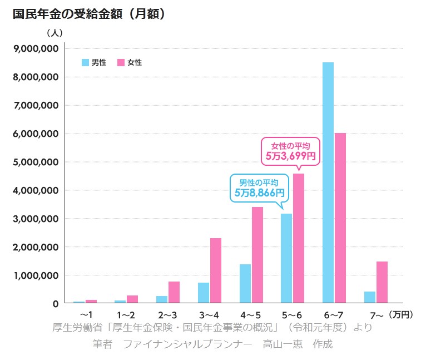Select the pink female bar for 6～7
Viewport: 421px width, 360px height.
tap(340, 218)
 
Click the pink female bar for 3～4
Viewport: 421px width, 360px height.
tap(215, 270)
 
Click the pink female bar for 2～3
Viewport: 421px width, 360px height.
tap(174, 292)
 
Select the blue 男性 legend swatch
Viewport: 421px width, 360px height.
tap(85, 62)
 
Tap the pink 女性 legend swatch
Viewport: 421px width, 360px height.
tap(121, 62)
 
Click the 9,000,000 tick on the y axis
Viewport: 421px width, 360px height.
tap(36, 48)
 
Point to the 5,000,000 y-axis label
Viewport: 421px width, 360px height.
tap(36, 162)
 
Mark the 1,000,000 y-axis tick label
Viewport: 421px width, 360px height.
tap(36, 275)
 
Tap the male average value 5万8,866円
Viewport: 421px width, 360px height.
tap(259, 193)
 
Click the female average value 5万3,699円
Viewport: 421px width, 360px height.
tap(290, 156)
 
